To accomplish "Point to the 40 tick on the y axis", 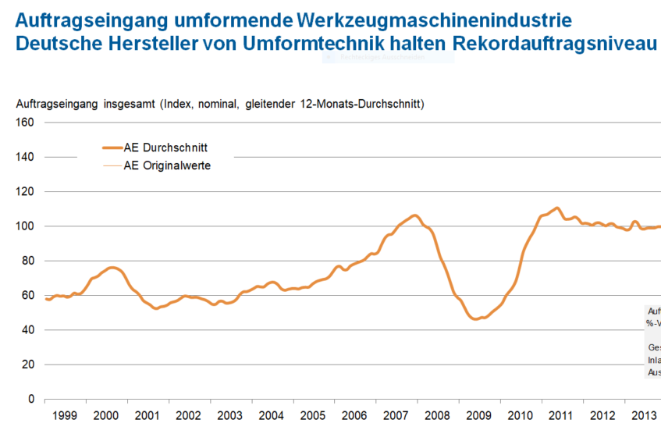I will click(27, 330).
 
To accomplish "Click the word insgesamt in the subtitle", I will click(129, 105).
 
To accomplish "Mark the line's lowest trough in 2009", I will click(474, 318).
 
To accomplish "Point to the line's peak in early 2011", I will click(556, 208).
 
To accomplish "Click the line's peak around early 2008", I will click(414, 215).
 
